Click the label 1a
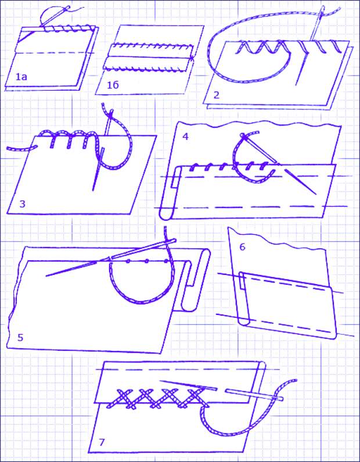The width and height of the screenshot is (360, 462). coord(21,77)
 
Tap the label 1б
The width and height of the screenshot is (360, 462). coord(113,85)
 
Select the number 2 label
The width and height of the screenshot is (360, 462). coord(217,95)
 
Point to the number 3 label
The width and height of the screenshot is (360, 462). coord(22,203)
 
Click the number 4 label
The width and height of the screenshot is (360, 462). coord(185,137)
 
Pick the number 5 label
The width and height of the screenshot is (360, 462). coord(20,338)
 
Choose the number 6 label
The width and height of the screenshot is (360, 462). coord(242,247)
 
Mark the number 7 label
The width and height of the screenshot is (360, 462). coord(102,443)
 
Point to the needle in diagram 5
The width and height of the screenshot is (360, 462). coord(111,258)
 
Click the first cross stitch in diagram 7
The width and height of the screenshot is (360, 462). coord(124,398)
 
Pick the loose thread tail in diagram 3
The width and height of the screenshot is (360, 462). coord(19,149)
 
